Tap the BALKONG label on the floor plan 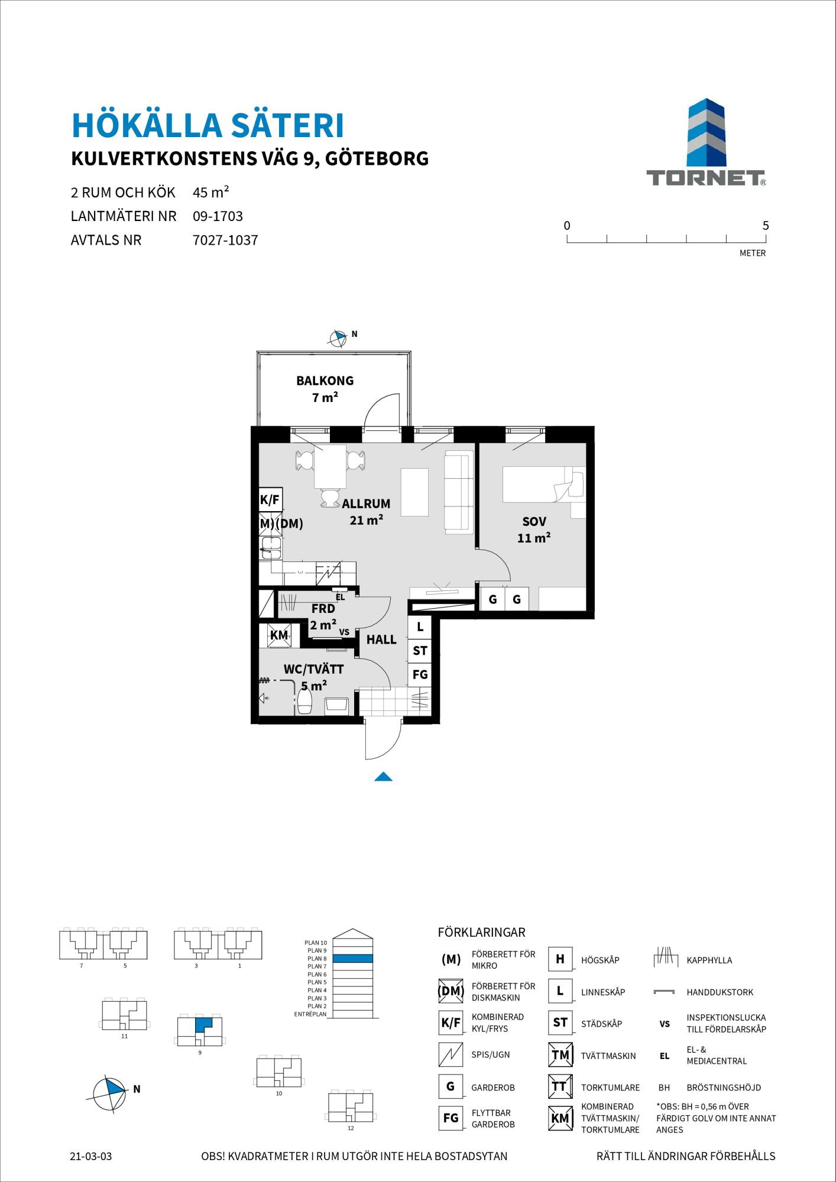(325, 381)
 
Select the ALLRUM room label (366, 504)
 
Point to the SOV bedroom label (534, 522)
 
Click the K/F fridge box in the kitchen (270, 500)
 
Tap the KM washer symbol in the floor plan (278, 635)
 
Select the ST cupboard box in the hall (420, 651)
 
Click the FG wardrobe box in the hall (420, 674)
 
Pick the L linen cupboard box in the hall (420, 627)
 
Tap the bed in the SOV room (543, 485)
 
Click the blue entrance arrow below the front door (383, 777)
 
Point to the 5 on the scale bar (766, 225)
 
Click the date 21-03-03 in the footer (91, 1156)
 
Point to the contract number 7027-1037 (225, 241)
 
